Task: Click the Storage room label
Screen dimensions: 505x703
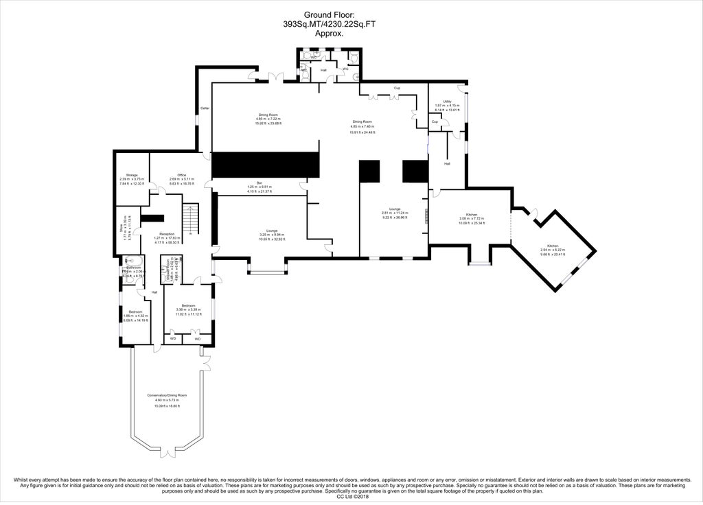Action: (x=123, y=175)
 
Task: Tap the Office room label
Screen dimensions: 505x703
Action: (x=182, y=175)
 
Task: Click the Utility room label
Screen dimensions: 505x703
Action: (x=446, y=101)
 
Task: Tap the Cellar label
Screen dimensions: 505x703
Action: (x=205, y=108)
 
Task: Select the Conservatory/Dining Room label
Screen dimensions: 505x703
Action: (x=167, y=395)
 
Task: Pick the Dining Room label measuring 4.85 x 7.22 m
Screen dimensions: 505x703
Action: (x=268, y=115)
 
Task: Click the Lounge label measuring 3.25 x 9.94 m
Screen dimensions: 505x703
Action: (x=267, y=231)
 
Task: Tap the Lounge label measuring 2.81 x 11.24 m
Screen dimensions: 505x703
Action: (x=395, y=209)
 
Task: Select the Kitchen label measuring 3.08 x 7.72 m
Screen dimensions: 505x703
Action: (x=472, y=215)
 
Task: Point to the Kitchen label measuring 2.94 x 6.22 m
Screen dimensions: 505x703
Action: (x=553, y=246)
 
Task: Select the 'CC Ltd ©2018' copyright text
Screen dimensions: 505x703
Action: (x=351, y=496)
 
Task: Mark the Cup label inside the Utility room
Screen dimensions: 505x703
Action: (x=435, y=121)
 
